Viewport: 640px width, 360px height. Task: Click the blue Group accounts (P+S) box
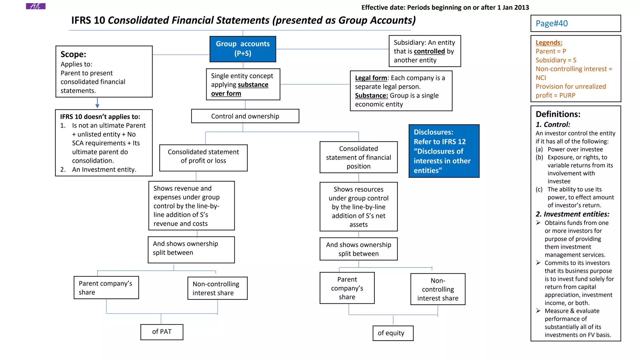[x=242, y=49]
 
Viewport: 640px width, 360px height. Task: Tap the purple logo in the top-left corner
[x=36, y=6]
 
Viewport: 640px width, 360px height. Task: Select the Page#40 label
[x=552, y=23]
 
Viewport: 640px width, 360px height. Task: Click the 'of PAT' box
[x=162, y=332]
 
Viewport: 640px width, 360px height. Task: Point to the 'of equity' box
[x=392, y=333]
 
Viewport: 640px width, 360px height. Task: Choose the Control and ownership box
[x=245, y=116]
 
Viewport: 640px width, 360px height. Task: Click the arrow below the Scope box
[x=97, y=103]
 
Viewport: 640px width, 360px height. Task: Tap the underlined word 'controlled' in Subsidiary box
[x=429, y=51]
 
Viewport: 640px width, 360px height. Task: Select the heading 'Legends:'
[x=549, y=42]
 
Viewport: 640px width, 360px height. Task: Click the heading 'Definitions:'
[x=558, y=114]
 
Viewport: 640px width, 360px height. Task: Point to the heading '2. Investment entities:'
[x=572, y=214]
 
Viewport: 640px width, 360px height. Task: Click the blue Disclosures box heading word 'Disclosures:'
[x=433, y=132]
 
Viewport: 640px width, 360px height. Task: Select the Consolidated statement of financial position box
[x=358, y=157]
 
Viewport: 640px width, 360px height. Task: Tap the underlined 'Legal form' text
[x=371, y=78]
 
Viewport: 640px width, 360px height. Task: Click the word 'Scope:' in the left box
[x=73, y=54]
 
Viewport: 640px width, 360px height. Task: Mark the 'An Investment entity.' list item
[x=104, y=170]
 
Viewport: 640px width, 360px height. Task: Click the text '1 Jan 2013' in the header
[x=513, y=7]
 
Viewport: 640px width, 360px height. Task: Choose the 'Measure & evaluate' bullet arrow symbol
[x=538, y=311]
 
